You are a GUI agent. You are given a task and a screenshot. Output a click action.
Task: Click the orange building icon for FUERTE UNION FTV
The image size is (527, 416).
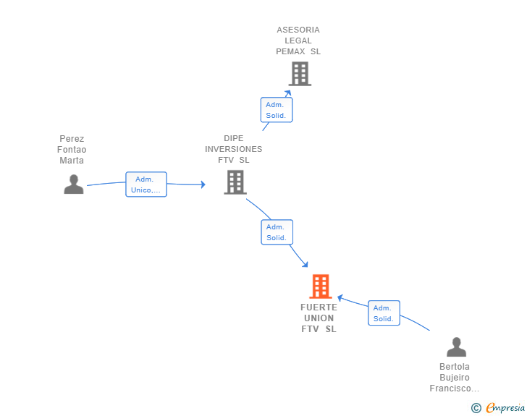click(x=320, y=286)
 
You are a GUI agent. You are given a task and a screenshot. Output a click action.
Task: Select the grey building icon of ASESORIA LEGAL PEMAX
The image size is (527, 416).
click(x=300, y=74)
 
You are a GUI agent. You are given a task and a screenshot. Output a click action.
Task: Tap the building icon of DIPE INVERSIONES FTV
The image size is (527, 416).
click(x=235, y=182)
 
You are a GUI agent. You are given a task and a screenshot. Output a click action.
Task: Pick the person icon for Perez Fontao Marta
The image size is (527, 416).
click(x=73, y=184)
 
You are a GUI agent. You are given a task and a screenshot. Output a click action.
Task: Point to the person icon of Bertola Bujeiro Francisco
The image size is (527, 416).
click(x=456, y=347)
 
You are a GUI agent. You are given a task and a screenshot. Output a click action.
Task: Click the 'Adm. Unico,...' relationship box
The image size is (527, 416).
click(x=146, y=184)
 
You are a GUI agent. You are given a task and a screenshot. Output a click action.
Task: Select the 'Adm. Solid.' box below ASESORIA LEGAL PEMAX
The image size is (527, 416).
click(x=277, y=110)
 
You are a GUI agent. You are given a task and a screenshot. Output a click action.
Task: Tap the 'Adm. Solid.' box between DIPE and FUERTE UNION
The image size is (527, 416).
click(x=277, y=232)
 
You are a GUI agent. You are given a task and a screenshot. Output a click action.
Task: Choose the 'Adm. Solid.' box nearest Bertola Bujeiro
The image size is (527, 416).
click(x=384, y=313)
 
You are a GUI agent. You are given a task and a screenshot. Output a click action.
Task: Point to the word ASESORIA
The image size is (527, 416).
click(x=298, y=30)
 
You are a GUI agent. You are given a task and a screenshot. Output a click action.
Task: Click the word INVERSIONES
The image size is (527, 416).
click(x=234, y=150)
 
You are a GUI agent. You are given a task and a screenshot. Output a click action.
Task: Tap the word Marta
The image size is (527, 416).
click(x=72, y=161)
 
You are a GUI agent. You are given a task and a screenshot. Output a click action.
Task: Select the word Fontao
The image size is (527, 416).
click(x=72, y=150)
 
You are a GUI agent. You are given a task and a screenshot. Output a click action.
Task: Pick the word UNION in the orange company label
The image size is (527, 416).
click(x=319, y=318)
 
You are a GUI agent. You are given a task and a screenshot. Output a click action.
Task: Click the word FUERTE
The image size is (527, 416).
click(x=319, y=307)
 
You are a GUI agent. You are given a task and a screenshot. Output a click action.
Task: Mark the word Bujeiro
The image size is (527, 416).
click(x=455, y=378)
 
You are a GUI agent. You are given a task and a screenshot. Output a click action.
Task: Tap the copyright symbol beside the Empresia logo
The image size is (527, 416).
click(x=476, y=408)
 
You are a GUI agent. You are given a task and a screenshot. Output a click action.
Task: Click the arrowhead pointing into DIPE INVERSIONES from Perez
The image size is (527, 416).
click(x=203, y=185)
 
